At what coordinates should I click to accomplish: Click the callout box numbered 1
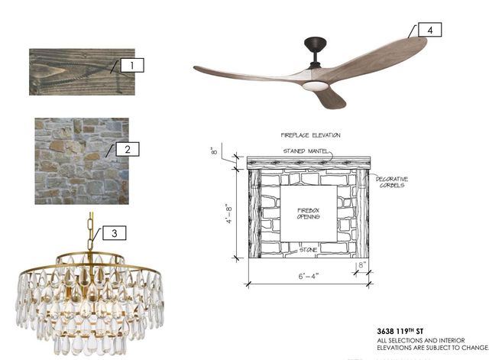click(x=132, y=65)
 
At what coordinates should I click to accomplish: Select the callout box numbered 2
click(x=128, y=149)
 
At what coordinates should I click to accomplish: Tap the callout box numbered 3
click(x=115, y=233)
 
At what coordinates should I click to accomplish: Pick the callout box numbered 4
click(x=429, y=30)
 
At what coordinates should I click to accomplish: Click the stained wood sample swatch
click(x=82, y=72)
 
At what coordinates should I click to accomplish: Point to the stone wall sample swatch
click(x=82, y=161)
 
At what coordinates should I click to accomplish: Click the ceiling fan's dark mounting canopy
click(x=316, y=44)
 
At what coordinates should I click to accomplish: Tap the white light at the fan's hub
click(x=315, y=86)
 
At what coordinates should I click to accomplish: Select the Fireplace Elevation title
click(x=311, y=135)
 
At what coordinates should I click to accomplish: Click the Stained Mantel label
click(x=306, y=151)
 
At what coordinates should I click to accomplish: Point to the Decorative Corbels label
click(x=392, y=182)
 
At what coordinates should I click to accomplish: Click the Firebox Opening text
click(x=309, y=214)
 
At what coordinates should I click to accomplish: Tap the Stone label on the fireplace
click(x=308, y=250)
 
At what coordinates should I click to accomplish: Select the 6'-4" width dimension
click(x=309, y=277)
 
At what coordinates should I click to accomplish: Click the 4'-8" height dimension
click(x=229, y=214)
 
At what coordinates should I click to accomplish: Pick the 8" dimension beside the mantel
click(x=214, y=151)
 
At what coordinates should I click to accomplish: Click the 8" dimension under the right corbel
click(x=361, y=265)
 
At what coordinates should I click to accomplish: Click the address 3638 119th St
click(x=400, y=331)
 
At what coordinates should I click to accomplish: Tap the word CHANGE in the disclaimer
click(x=475, y=348)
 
